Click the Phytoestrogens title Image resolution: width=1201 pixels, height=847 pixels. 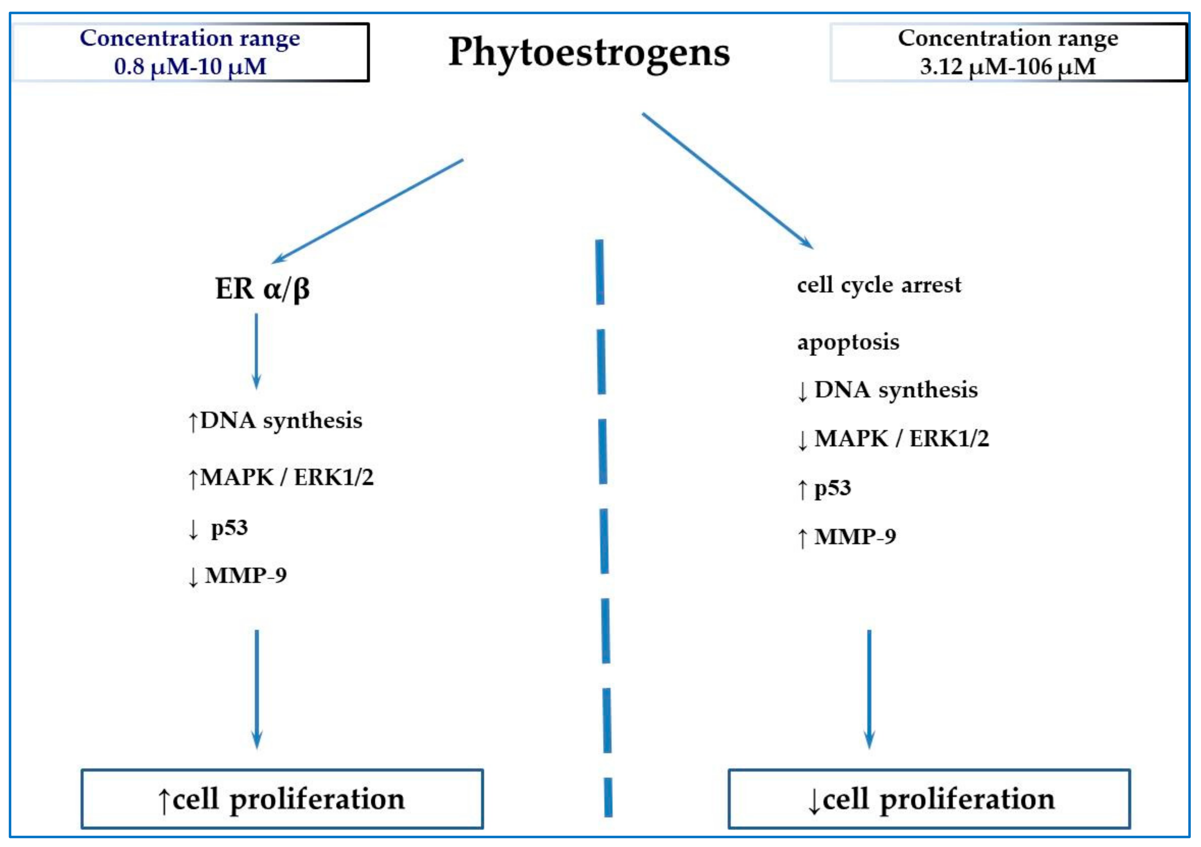[589, 52]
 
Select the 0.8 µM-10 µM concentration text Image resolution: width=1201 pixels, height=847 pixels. [190, 66]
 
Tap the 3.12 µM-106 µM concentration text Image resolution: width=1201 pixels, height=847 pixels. [1008, 66]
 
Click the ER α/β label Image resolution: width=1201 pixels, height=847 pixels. [262, 288]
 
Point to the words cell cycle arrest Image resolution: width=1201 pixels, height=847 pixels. [879, 285]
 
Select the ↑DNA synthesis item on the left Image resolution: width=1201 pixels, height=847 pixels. [275, 421]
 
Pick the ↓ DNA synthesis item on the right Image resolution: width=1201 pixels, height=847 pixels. [887, 390]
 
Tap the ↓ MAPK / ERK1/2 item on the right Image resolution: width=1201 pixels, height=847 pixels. [893, 438]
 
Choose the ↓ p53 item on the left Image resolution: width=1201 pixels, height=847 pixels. [218, 528]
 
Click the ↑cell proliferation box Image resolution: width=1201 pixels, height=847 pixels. [282, 799]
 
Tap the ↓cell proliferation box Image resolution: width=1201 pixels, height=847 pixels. [929, 799]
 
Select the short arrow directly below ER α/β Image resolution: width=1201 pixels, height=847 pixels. [256, 351]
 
